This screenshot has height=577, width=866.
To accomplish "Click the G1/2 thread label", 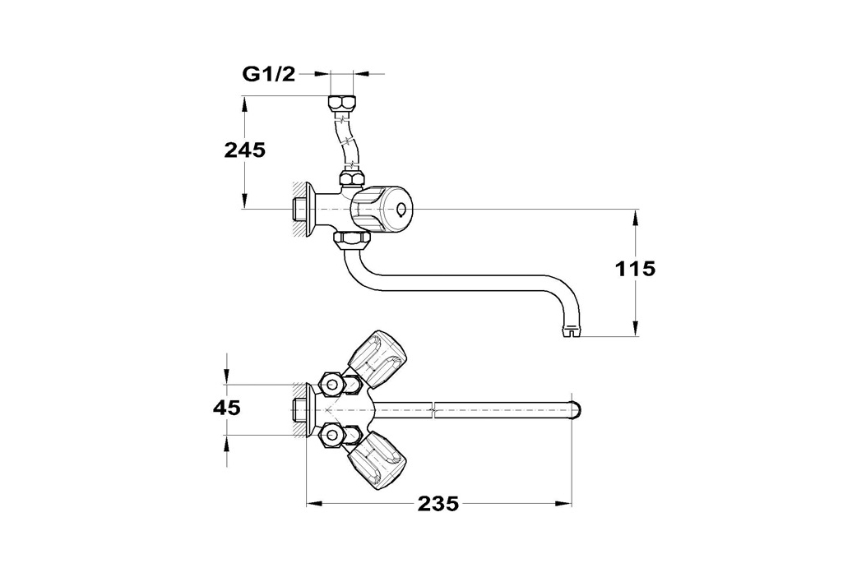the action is (x=269, y=73).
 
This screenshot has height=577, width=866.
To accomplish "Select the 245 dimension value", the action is (x=244, y=150).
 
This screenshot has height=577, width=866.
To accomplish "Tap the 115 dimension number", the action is (x=635, y=269).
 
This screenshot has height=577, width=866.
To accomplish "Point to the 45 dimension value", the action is (x=227, y=408).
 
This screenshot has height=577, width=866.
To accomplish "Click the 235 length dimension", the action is (x=438, y=504).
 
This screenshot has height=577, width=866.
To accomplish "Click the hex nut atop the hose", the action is (x=342, y=104).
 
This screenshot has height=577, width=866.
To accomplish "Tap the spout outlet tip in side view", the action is (x=572, y=331).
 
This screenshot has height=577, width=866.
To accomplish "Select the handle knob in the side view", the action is (x=382, y=210).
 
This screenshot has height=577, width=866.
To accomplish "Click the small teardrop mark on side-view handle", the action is (x=401, y=210).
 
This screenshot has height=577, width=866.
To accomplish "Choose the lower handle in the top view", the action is (x=377, y=461).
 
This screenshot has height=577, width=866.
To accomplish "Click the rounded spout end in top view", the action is (x=576, y=410).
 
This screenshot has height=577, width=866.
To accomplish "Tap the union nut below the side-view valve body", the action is (x=353, y=240).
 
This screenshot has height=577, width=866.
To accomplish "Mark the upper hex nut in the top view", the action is (x=331, y=383).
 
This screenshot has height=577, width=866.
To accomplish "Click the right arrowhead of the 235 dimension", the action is (x=563, y=503).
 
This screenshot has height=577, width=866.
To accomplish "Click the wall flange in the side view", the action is (x=308, y=210).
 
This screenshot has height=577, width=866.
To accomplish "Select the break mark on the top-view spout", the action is (x=434, y=410).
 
